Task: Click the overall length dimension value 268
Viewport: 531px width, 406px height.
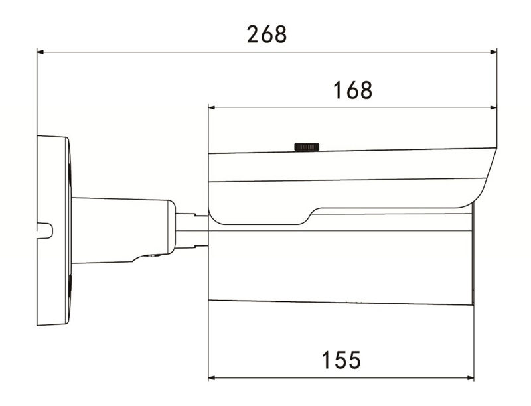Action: coord(267,34)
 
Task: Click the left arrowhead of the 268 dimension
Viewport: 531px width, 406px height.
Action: coord(40,51)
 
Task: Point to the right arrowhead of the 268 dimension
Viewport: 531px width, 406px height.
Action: coord(493,51)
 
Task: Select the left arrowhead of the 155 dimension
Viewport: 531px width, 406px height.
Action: coord(212,378)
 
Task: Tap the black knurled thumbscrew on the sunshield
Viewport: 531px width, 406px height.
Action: coord(307,147)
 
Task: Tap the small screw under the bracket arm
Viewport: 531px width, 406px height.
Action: coord(152,257)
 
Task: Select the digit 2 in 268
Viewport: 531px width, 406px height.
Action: coord(253,34)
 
